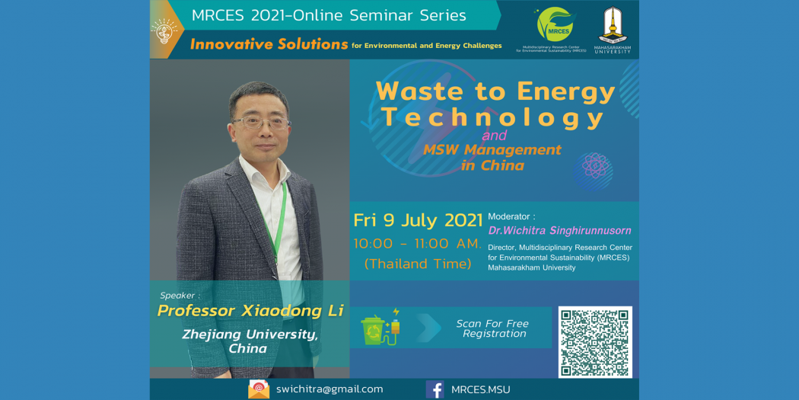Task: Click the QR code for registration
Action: click(595, 342)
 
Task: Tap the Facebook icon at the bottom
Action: click(435, 389)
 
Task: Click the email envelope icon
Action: click(259, 389)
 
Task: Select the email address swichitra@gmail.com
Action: click(329, 389)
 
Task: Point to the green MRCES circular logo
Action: click(555, 24)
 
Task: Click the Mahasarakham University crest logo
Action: click(612, 24)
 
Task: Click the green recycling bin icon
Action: click(374, 331)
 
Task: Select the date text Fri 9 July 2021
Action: click(419, 220)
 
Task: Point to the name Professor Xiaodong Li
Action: click(250, 311)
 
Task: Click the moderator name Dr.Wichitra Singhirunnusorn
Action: click(559, 231)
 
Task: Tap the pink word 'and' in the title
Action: click(494, 136)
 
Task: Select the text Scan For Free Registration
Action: click(492, 328)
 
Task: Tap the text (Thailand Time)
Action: click(417, 264)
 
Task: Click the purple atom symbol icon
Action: click(593, 167)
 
